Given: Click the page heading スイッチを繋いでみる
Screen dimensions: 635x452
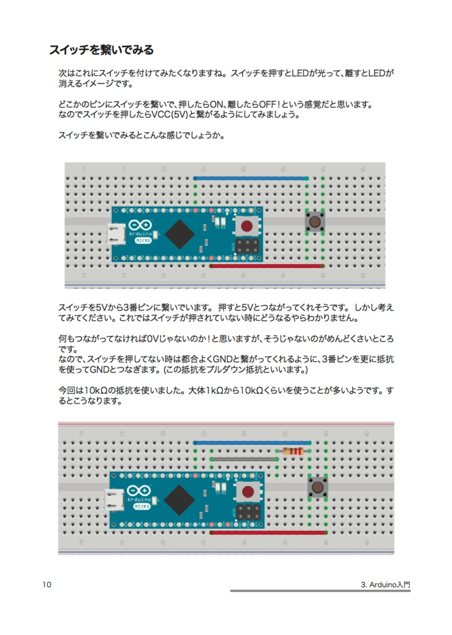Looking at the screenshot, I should click(101, 50).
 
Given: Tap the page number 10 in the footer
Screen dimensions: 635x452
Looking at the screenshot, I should click(48, 585).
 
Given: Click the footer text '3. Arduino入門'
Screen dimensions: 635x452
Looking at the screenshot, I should click(385, 585).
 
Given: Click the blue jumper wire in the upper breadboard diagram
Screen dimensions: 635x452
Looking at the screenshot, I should click(251, 178).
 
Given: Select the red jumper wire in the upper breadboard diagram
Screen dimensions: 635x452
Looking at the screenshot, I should click(267, 266).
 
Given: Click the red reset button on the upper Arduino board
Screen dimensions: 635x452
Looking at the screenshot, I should click(248, 225).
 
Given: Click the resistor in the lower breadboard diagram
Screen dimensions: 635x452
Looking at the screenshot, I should click(292, 451).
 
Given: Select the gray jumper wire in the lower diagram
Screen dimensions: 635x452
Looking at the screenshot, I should click(243, 459).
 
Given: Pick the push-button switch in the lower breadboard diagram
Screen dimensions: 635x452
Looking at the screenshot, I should click(318, 487).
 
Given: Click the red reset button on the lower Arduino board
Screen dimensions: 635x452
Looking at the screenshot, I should click(248, 492).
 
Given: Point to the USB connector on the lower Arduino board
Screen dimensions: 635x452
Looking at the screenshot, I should click(114, 499).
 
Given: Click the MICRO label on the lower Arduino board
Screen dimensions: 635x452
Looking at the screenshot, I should click(142, 507).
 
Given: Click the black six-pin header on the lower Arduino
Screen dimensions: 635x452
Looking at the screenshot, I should click(248, 512).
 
